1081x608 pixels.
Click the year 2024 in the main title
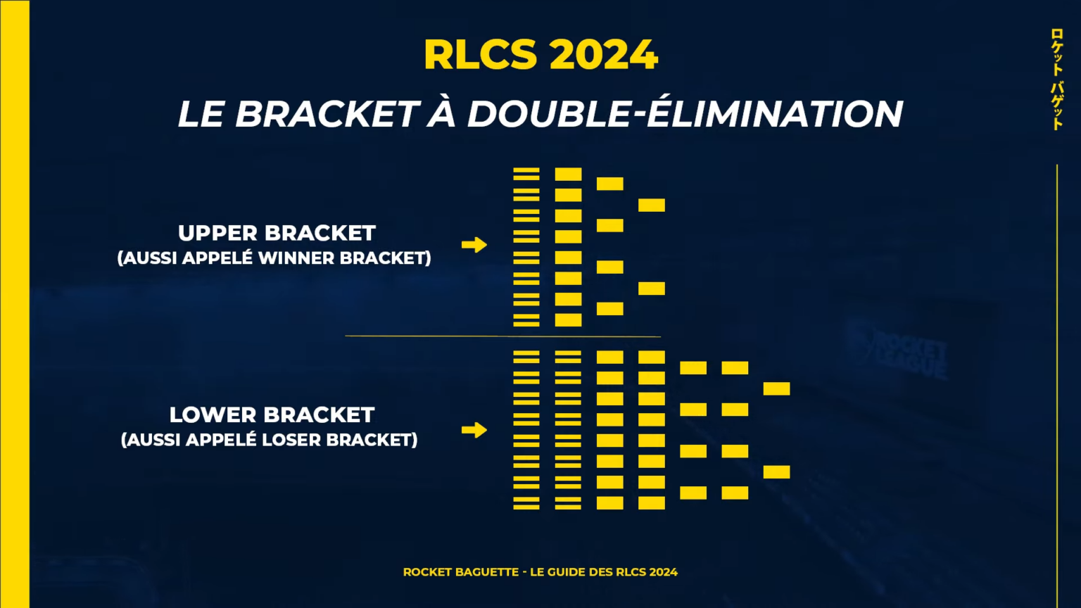point(603,55)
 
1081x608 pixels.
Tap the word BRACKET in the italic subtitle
point(327,114)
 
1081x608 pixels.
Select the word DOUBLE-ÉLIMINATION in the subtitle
point(685,114)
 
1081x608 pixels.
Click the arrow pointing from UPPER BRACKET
point(474,245)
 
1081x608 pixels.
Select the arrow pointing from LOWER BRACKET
point(474,430)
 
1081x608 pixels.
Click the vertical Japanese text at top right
point(1056,79)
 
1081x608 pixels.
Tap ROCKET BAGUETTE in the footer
point(461,572)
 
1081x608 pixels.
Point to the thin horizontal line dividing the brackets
point(502,336)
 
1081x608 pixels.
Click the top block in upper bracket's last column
point(652,205)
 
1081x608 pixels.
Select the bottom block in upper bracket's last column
point(652,289)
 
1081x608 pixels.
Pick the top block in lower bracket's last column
point(776,388)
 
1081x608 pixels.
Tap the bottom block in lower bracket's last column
point(776,471)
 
